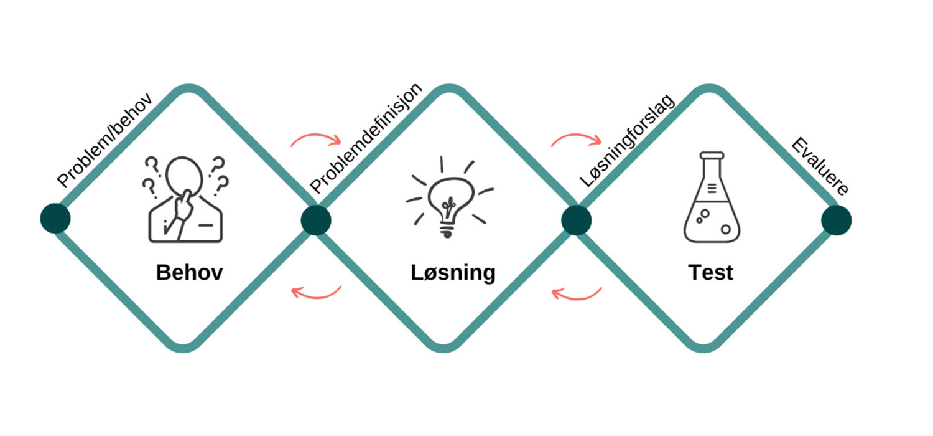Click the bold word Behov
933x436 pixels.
point(190,272)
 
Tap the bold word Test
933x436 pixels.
point(710,272)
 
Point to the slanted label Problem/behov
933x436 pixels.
point(104,140)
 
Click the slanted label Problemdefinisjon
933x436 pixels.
point(366,138)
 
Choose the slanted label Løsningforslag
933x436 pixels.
point(627,141)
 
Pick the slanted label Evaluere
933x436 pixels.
point(820,166)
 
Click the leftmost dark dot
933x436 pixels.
point(55,218)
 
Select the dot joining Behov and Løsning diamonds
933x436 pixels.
point(316,220)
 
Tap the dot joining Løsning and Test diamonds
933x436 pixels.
point(577,220)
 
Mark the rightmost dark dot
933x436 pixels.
point(837,220)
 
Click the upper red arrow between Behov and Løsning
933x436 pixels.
point(317,135)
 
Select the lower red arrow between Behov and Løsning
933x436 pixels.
point(317,297)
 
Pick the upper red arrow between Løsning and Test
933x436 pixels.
point(577,135)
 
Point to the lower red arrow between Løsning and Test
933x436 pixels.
point(577,298)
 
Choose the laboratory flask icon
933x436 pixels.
point(712,197)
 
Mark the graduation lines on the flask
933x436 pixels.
point(712,189)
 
